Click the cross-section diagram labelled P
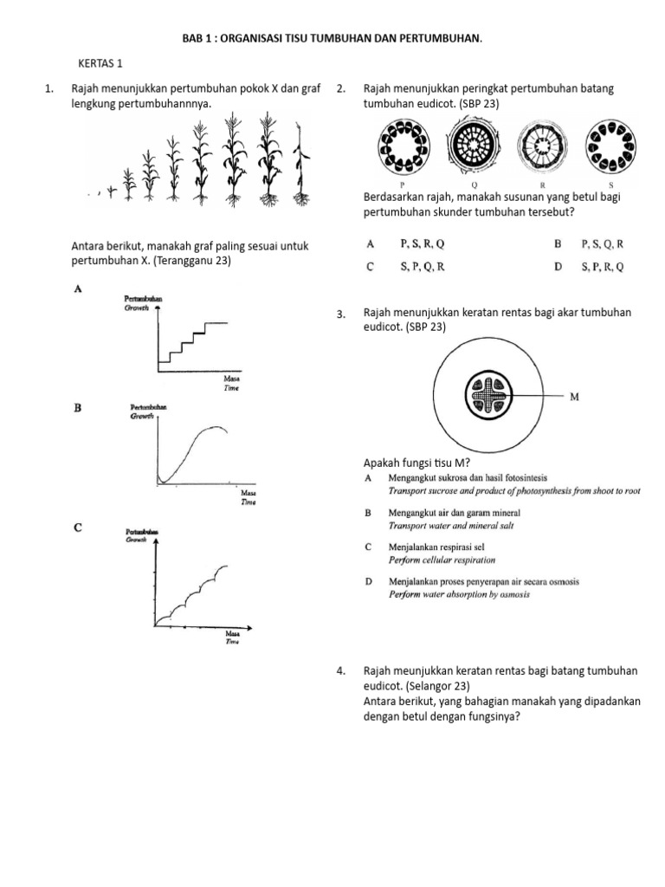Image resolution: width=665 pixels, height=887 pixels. pyautogui.click(x=403, y=150)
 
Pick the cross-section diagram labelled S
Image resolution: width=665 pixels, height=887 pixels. pyautogui.click(x=611, y=150)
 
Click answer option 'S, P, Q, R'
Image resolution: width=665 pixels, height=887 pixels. pyautogui.click(x=422, y=268)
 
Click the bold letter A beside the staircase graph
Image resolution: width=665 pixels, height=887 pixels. pyautogui.click(x=78, y=291)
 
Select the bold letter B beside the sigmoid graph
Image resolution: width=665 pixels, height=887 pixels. pyautogui.click(x=78, y=407)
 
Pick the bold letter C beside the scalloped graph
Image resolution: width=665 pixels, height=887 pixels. pyautogui.click(x=78, y=527)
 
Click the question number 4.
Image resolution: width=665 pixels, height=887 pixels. pyautogui.click(x=341, y=670)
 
